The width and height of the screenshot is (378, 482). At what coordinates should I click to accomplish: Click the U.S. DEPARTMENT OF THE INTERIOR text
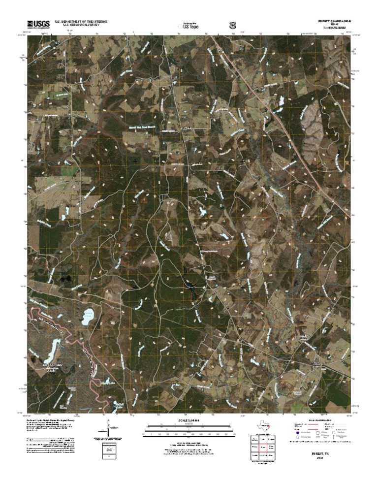81,22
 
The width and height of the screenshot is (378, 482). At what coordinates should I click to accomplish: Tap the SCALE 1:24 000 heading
189,421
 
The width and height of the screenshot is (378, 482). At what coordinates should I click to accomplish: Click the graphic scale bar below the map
189,433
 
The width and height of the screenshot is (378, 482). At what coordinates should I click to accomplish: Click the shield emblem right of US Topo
232,25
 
